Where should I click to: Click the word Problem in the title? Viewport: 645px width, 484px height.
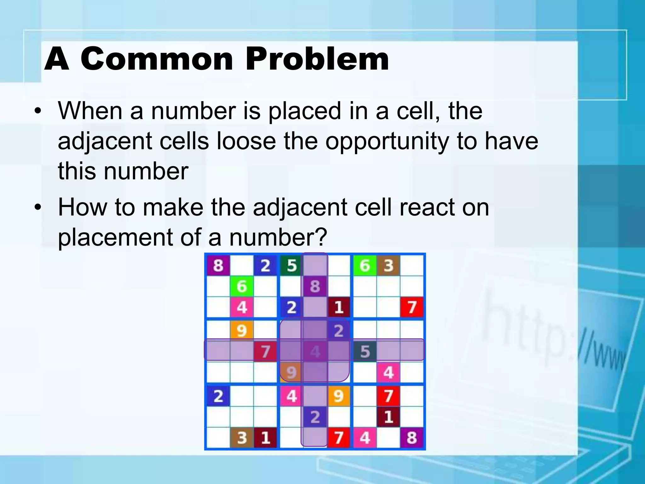[x=317, y=59]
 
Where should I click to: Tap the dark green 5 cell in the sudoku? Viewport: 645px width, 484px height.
[x=291, y=265]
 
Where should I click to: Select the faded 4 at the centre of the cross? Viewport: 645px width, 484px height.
[x=315, y=351]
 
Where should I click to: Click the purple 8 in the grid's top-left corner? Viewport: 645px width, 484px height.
[x=218, y=265]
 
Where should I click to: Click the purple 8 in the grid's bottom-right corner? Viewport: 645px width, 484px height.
[x=412, y=437]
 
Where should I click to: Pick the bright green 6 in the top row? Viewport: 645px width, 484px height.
[x=364, y=265]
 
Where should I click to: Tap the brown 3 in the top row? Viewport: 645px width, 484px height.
[x=388, y=265]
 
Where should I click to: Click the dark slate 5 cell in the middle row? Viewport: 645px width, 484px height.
[x=364, y=351]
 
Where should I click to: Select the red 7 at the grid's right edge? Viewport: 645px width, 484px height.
[x=412, y=307]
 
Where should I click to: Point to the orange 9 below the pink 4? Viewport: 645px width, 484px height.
[x=241, y=331]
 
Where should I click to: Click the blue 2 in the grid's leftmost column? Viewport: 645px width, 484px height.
[x=218, y=396]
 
